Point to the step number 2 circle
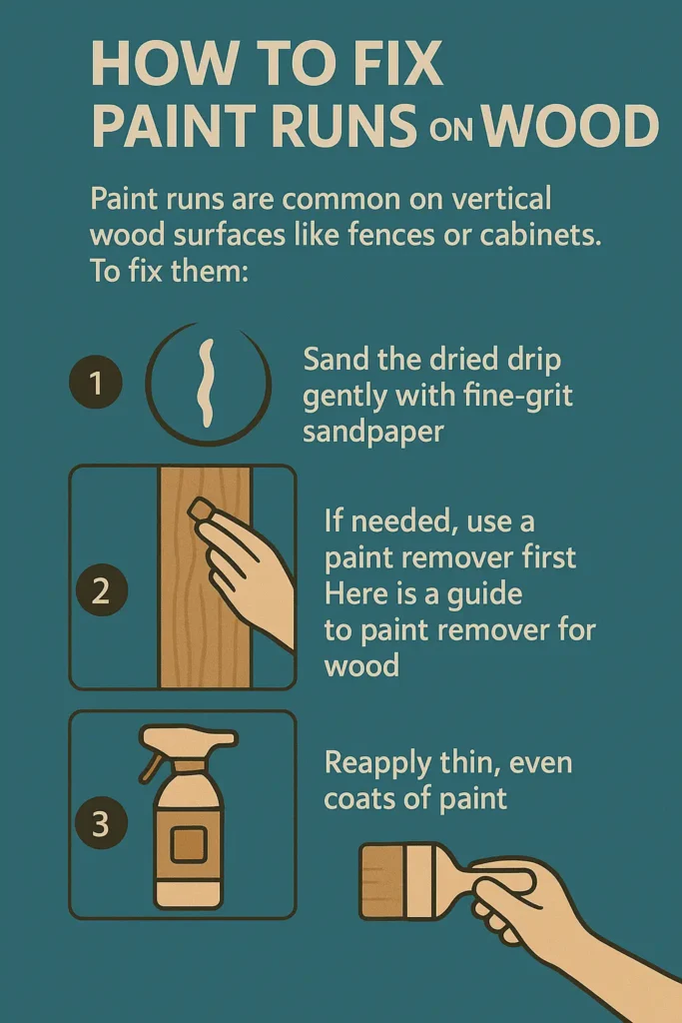pyautogui.click(x=100, y=590)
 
